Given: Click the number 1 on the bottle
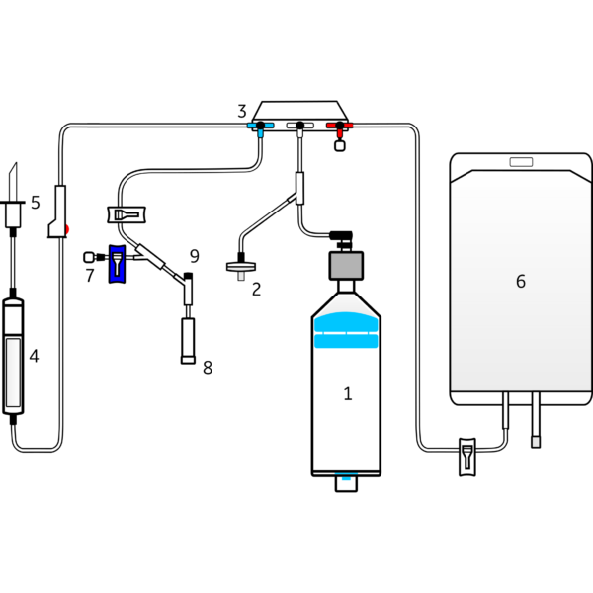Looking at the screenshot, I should (x=347, y=393).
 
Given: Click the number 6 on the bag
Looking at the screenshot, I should (x=521, y=282).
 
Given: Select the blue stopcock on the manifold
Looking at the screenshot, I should (x=260, y=127).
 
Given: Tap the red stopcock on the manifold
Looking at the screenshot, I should (x=340, y=127).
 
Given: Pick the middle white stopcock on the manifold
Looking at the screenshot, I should (x=299, y=126).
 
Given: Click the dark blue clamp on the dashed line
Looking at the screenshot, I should (x=118, y=263).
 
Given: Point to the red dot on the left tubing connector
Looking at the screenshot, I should (x=67, y=229).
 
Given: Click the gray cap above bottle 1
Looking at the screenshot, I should (x=346, y=265).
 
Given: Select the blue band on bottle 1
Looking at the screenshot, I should (x=346, y=331).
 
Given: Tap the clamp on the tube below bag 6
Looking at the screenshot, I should (x=467, y=458).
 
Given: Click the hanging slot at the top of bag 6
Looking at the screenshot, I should (x=520, y=161).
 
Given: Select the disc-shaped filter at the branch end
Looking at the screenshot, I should (x=240, y=266).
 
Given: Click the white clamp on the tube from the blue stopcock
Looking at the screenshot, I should (x=127, y=213).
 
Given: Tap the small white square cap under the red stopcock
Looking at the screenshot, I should (x=340, y=146).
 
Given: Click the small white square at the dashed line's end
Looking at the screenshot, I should (x=89, y=257).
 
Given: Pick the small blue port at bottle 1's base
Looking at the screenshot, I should (x=346, y=482).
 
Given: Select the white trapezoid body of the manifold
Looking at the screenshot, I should (x=299, y=110).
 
